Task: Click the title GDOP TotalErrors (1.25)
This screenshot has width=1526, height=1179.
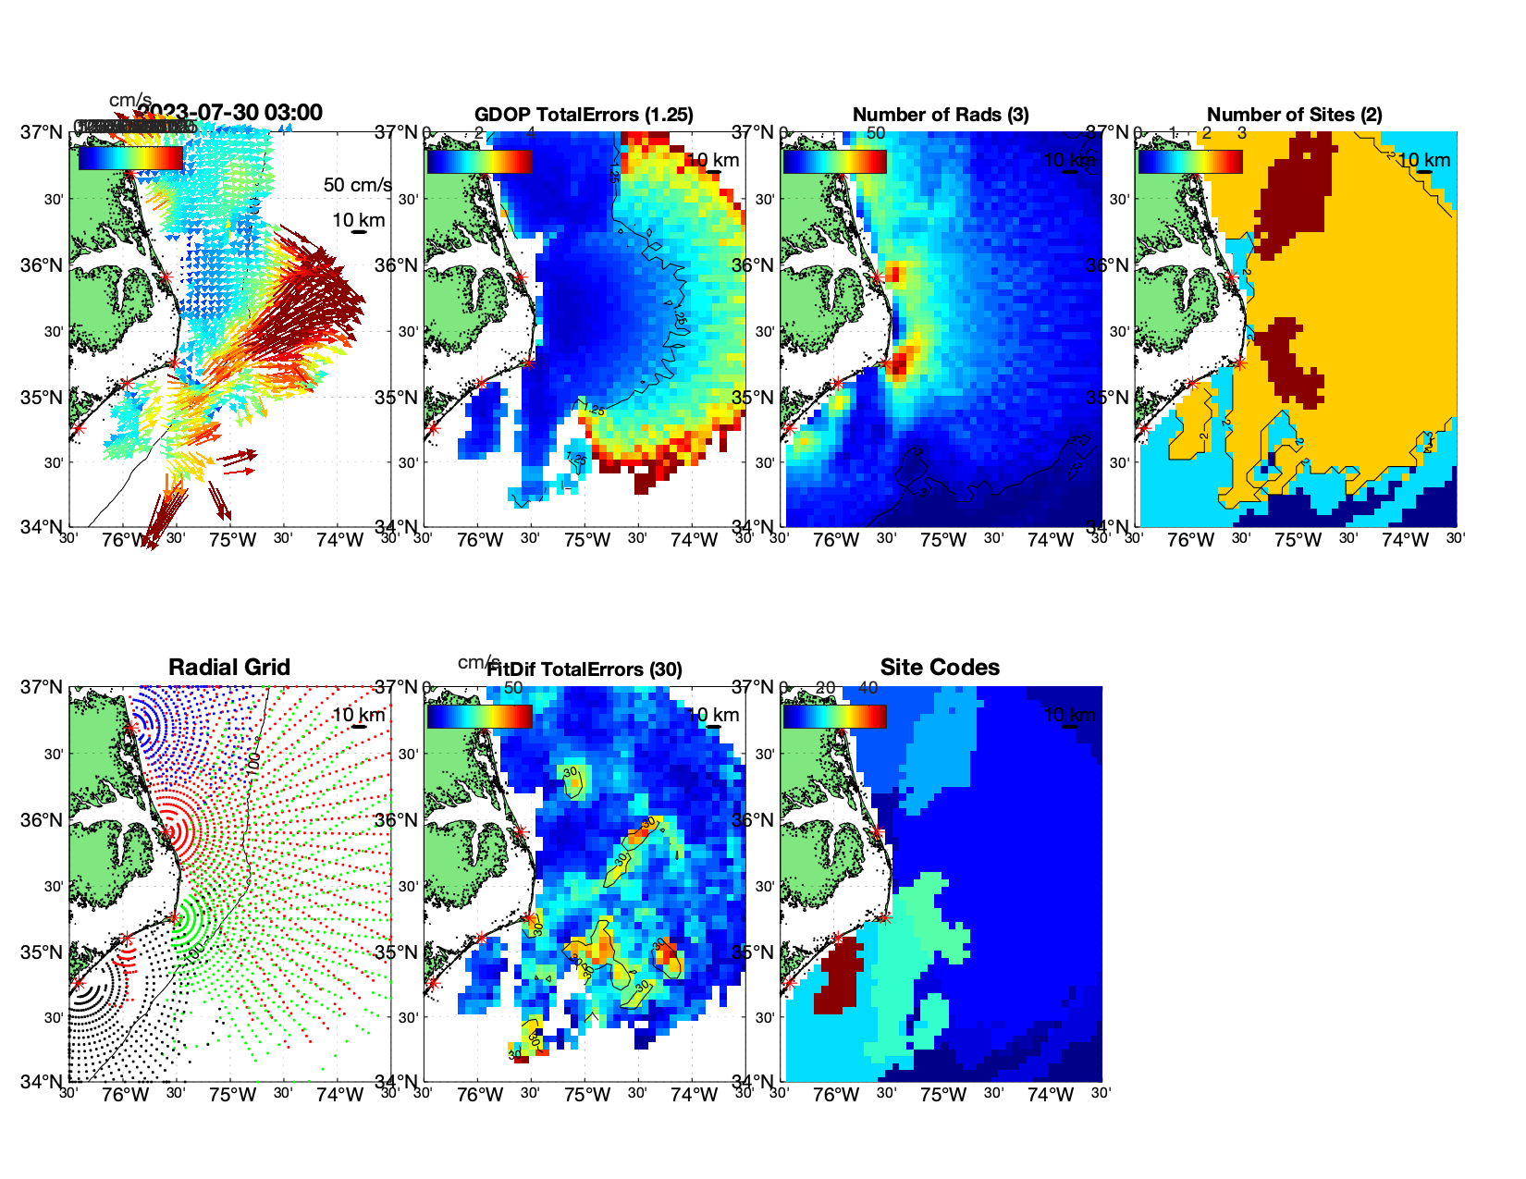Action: pyautogui.click(x=584, y=115)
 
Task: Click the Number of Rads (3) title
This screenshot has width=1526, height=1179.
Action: pyautogui.click(x=940, y=115)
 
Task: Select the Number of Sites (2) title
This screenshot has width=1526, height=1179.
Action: pyautogui.click(x=1294, y=115)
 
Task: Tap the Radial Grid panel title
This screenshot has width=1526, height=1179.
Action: pyautogui.click(x=229, y=668)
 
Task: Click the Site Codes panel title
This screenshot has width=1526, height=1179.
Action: pyautogui.click(x=940, y=668)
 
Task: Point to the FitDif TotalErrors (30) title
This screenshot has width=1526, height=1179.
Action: pyautogui.click(x=585, y=669)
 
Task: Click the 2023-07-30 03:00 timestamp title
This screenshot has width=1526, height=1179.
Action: pyautogui.click(x=231, y=113)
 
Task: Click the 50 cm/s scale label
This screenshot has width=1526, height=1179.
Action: pyautogui.click(x=357, y=185)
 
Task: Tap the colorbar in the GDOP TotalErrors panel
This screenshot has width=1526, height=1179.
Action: pyautogui.click(x=479, y=161)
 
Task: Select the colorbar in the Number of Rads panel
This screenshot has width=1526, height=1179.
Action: pyautogui.click(x=834, y=161)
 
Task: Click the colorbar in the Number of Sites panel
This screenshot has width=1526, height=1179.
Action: pyautogui.click(x=1190, y=161)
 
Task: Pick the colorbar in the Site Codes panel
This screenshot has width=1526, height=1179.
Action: pyautogui.click(x=834, y=716)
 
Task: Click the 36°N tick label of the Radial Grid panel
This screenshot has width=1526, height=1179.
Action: pyautogui.click(x=42, y=820)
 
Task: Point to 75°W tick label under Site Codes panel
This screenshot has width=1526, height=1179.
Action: pyautogui.click(x=942, y=1096)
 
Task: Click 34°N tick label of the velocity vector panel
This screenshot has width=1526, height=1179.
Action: pyautogui.click(x=42, y=527)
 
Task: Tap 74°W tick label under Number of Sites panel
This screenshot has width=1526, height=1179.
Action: pyautogui.click(x=1404, y=541)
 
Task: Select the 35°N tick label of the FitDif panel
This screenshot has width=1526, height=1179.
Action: pyautogui.click(x=398, y=952)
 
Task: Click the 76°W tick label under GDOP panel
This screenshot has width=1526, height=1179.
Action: pyautogui.click(x=480, y=541)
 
